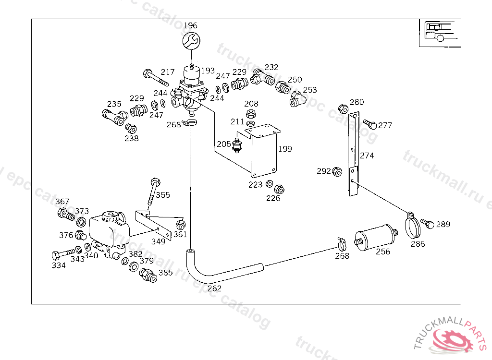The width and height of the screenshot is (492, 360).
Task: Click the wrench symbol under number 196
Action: (191, 40)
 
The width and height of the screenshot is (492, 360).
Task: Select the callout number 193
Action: (208, 71)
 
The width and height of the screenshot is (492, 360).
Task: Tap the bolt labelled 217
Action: (156, 78)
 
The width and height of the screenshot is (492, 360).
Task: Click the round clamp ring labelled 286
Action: (412, 226)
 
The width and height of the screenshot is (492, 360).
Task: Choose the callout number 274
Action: (367, 156)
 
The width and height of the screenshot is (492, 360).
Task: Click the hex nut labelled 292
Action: (337, 171)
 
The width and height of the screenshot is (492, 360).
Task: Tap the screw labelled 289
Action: (427, 224)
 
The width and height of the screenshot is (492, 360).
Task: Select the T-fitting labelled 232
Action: (263, 77)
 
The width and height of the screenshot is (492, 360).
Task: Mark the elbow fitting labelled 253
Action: (297, 99)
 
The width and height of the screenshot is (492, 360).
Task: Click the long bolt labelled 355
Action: (154, 192)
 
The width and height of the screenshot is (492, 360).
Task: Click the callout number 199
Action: (285, 149)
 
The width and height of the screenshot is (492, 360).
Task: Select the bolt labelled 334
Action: (63, 254)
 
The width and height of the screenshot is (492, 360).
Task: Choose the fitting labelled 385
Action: (148, 276)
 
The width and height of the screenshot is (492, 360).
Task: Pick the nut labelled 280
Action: (343, 109)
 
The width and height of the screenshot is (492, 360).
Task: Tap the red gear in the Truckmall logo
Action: (453, 340)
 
